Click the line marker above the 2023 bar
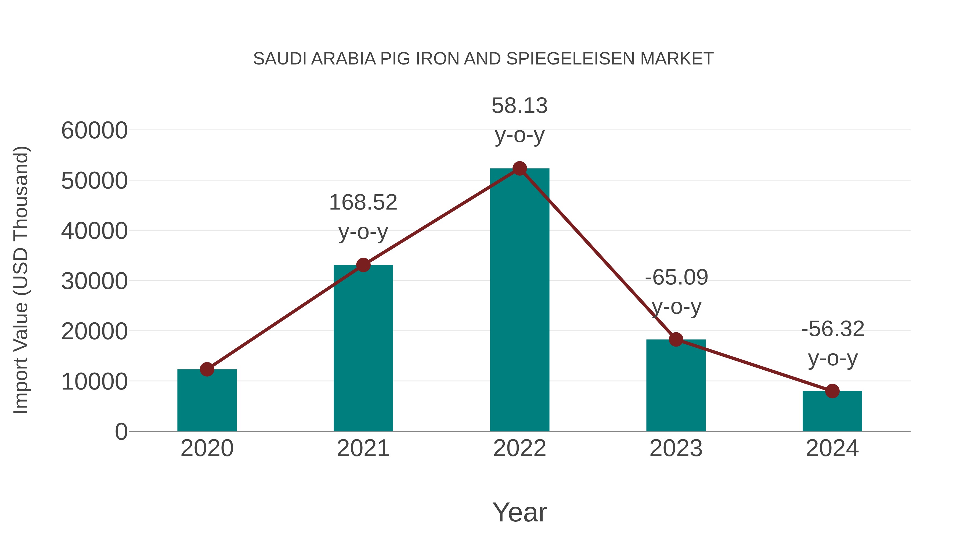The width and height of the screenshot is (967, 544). click(x=676, y=339)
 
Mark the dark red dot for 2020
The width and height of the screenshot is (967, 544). click(x=207, y=369)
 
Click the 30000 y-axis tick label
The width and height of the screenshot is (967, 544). click(x=94, y=281)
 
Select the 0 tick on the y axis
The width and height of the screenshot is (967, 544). click(x=121, y=432)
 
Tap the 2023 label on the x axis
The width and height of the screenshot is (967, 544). click(x=676, y=448)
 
